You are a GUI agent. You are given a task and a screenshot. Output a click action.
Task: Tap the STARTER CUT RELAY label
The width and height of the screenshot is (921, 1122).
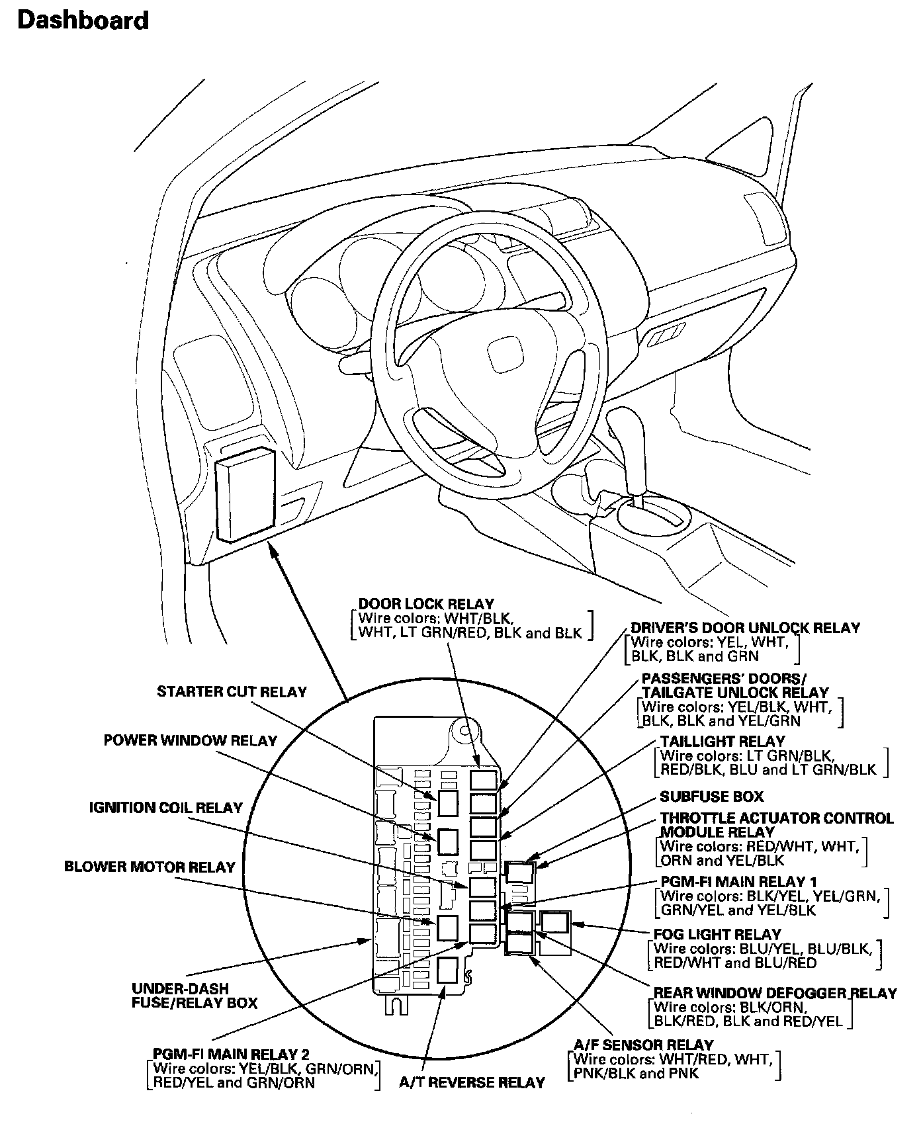(232, 692)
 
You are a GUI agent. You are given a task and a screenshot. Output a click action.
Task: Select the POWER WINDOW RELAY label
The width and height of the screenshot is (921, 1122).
(190, 740)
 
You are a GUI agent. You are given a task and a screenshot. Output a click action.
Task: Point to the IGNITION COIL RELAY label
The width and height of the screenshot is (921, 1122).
(166, 808)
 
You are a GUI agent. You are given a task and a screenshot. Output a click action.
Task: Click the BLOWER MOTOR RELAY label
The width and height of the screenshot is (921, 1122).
(150, 867)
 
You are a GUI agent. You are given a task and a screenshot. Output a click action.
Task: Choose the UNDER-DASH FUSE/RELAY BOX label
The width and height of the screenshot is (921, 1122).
(195, 996)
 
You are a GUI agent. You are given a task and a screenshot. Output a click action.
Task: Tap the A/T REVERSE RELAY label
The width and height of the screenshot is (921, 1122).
(472, 1082)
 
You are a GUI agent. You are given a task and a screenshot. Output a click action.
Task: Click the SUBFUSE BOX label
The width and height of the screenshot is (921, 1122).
(711, 797)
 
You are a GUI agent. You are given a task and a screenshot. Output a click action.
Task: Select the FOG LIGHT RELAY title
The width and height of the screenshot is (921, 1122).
(717, 934)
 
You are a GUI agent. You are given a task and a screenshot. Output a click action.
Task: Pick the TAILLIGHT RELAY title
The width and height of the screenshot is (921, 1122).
(723, 742)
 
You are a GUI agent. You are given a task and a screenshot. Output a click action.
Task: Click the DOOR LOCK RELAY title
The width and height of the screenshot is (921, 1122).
(426, 604)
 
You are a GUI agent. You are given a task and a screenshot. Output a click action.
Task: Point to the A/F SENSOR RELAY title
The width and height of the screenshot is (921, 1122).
(643, 1045)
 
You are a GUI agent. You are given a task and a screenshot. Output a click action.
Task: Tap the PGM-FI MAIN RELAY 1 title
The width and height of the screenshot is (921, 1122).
(738, 882)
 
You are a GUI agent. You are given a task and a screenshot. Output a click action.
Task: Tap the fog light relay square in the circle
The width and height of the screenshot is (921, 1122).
(555, 922)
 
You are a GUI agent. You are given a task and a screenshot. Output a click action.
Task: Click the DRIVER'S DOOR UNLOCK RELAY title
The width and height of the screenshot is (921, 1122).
(745, 627)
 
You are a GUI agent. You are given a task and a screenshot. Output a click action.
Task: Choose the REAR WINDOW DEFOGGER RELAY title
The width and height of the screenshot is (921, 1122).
(775, 993)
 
